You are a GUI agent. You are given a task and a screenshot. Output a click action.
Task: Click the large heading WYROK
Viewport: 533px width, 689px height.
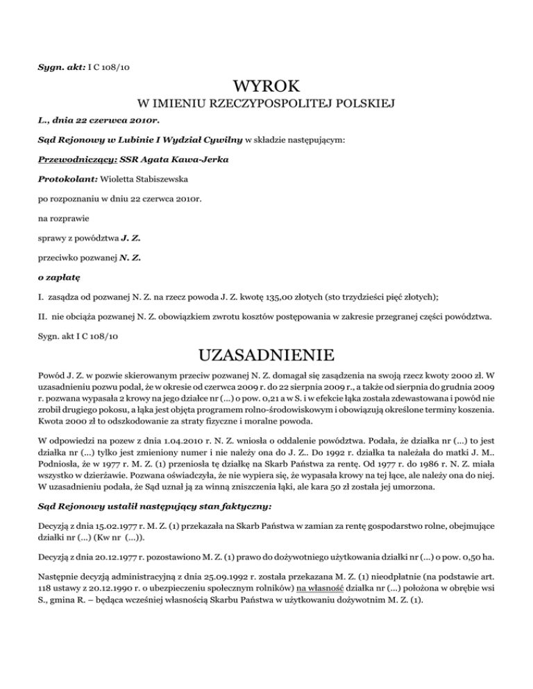(266, 87)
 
